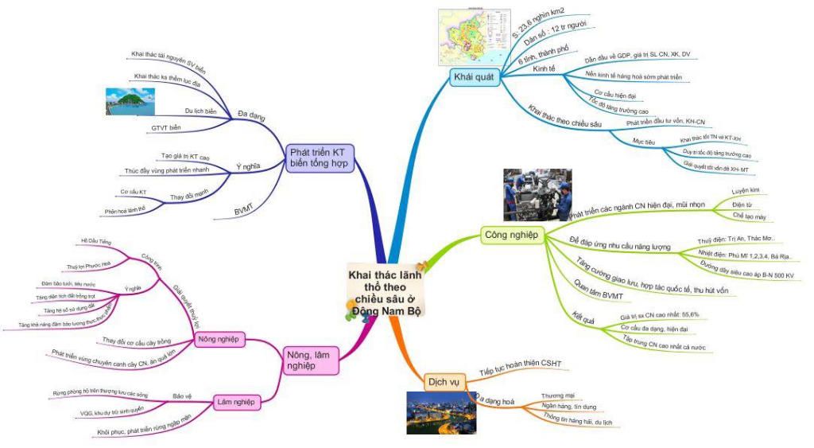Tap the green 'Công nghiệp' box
tap(511, 235)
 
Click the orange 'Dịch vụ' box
tap(444, 381)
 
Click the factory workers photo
tap(537, 195)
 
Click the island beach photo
tap(132, 102)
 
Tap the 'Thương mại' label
tap(557, 395)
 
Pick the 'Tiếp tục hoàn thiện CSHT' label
tap(521, 364)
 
